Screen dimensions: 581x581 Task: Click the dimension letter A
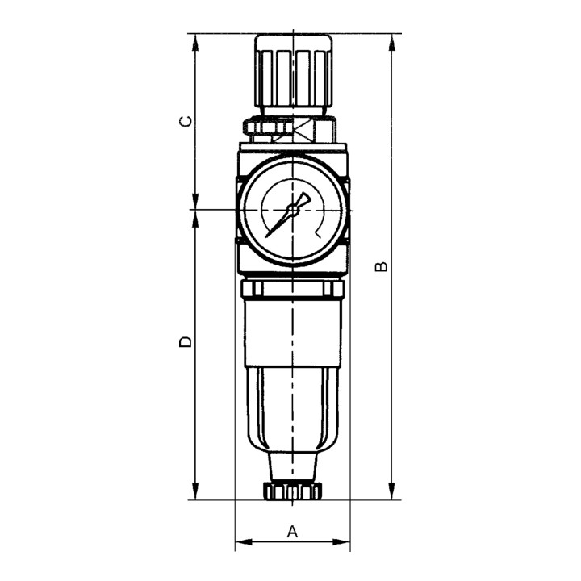(293, 531)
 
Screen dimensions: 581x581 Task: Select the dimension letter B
(383, 266)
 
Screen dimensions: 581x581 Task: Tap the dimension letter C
(186, 122)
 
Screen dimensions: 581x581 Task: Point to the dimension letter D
(186, 341)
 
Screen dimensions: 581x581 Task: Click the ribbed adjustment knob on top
(291, 70)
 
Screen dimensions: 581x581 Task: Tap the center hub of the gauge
(292, 209)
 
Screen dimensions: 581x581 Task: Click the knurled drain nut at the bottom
(291, 491)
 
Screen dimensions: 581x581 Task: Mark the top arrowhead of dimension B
(392, 40)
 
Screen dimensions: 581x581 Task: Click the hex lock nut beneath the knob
(291, 127)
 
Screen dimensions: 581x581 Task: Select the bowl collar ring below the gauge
(292, 290)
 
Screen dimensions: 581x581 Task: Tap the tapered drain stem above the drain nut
(291, 466)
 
